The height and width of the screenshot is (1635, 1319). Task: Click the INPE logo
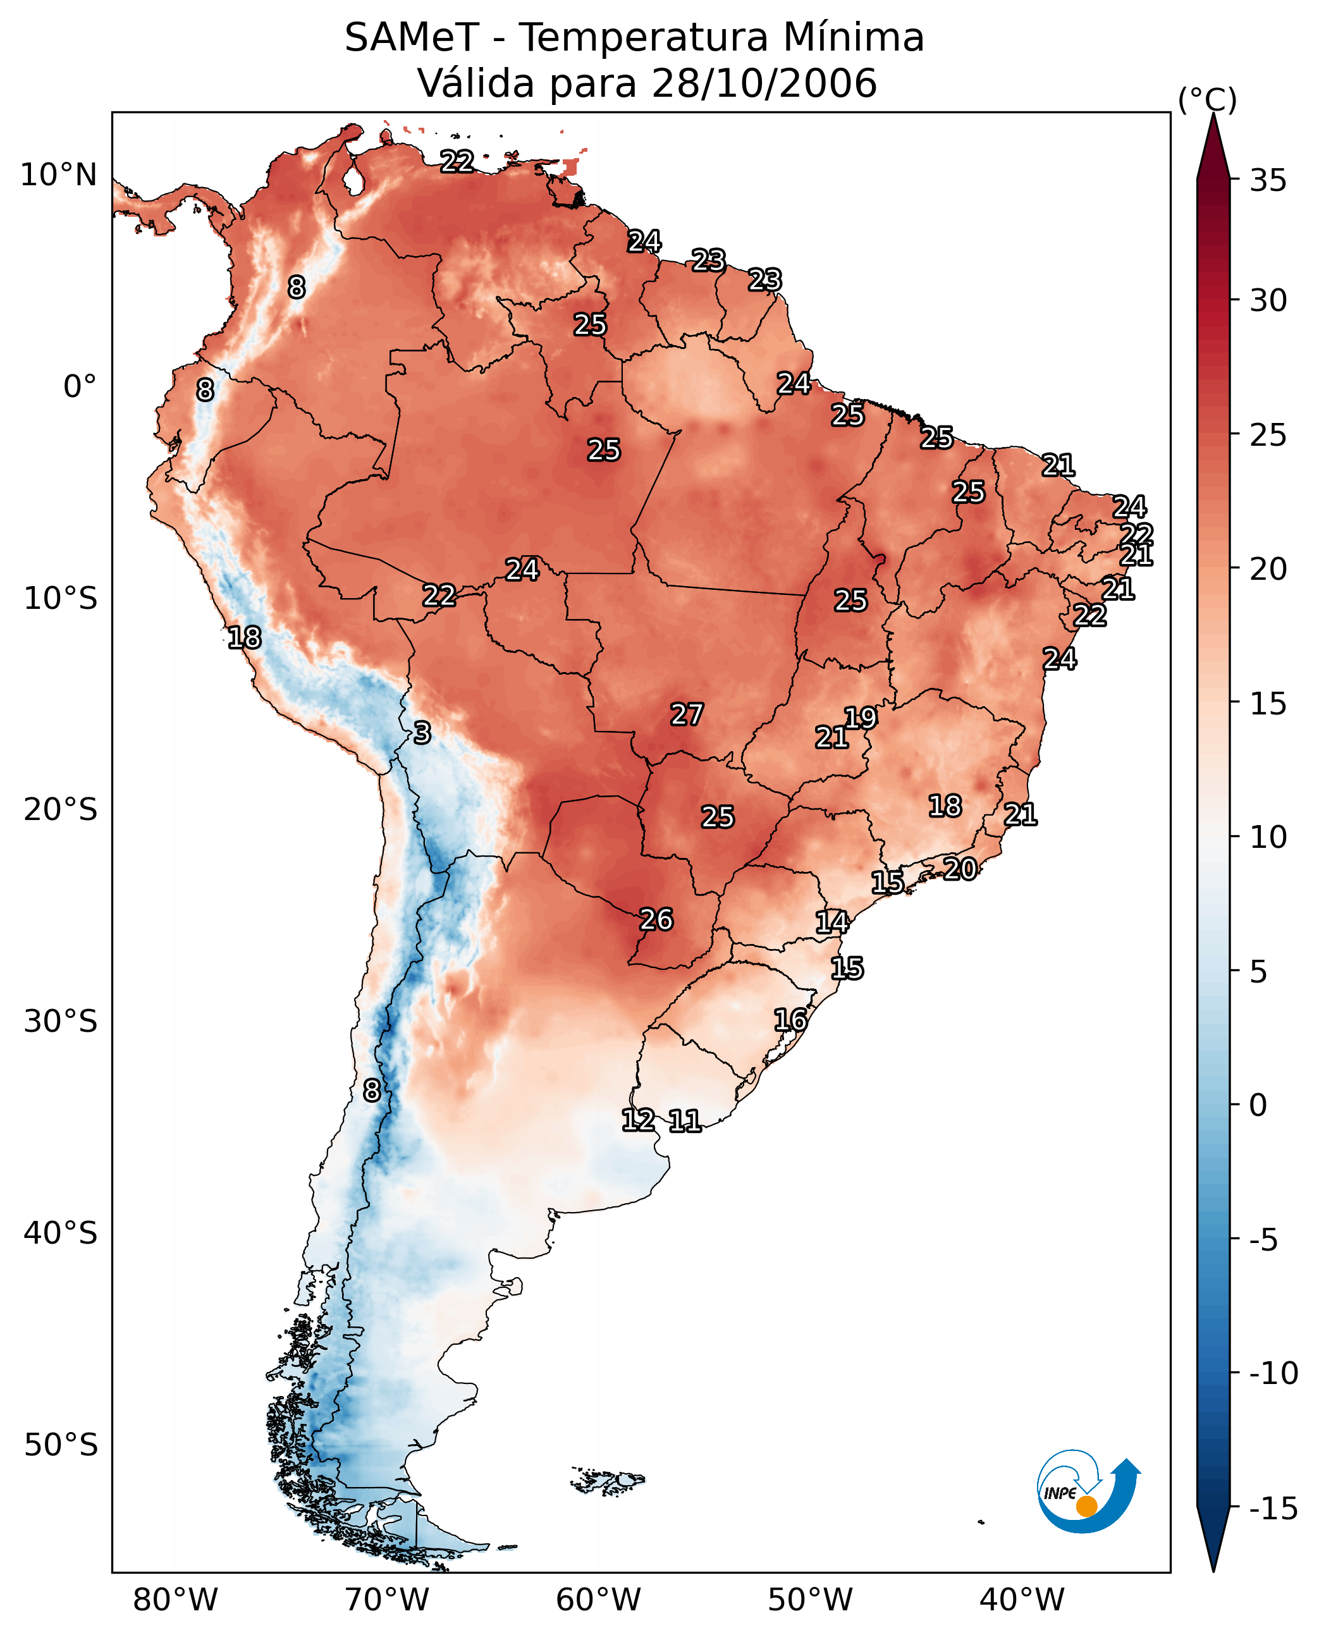pyautogui.click(x=1088, y=1492)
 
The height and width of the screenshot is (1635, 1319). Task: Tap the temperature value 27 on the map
pyautogui.click(x=687, y=714)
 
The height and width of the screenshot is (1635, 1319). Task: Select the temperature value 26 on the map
pyautogui.click(x=656, y=919)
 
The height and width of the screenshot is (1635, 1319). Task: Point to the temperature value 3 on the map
pyautogui.click(x=422, y=732)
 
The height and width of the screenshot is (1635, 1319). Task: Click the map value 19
pyautogui.click(x=861, y=717)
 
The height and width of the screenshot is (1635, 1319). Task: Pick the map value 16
pyautogui.click(x=790, y=1020)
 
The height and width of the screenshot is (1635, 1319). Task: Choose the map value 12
pyautogui.click(x=638, y=1120)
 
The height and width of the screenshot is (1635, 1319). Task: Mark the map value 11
pyautogui.click(x=685, y=1120)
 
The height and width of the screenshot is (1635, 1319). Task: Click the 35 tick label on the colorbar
pyautogui.click(x=1268, y=181)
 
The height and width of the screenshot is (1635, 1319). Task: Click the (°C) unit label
pyautogui.click(x=1207, y=99)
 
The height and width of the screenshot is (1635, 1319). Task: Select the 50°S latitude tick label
pyautogui.click(x=61, y=1444)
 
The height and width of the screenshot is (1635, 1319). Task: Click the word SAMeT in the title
pyautogui.click(x=412, y=38)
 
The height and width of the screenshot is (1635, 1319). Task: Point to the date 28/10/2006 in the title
pyautogui.click(x=764, y=83)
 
